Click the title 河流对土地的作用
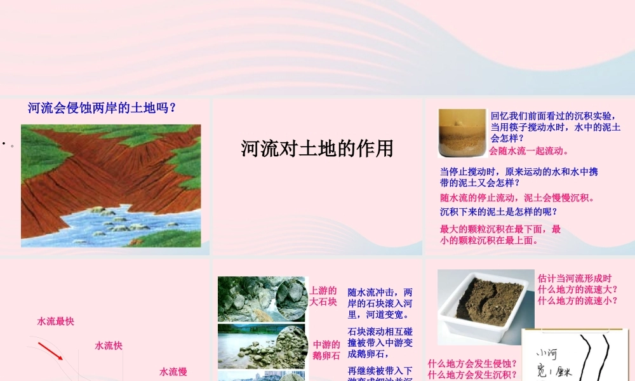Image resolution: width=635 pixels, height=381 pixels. click(x=317, y=149)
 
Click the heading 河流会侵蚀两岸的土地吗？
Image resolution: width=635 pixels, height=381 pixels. click(x=102, y=108)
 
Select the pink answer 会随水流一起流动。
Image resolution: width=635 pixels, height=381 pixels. click(x=529, y=151)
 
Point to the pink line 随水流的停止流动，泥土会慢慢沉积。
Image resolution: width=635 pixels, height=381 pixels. click(x=518, y=197)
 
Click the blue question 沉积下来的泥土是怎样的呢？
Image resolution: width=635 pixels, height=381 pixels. click(x=498, y=211)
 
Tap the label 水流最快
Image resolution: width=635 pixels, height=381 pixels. click(x=56, y=321)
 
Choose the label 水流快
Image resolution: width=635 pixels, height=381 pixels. click(x=109, y=345)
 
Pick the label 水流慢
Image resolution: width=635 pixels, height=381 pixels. click(x=173, y=371)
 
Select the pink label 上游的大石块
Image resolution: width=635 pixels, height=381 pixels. click(x=323, y=296)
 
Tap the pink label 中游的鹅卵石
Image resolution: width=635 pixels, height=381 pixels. click(x=326, y=350)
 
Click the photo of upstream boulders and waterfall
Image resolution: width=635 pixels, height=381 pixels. click(x=262, y=298)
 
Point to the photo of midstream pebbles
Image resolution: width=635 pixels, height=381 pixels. click(x=262, y=346)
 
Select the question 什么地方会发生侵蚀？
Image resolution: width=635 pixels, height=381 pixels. click(x=472, y=364)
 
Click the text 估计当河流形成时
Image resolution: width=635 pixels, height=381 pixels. click(x=575, y=278)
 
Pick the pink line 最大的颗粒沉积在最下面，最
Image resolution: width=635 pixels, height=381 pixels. click(x=500, y=229)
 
